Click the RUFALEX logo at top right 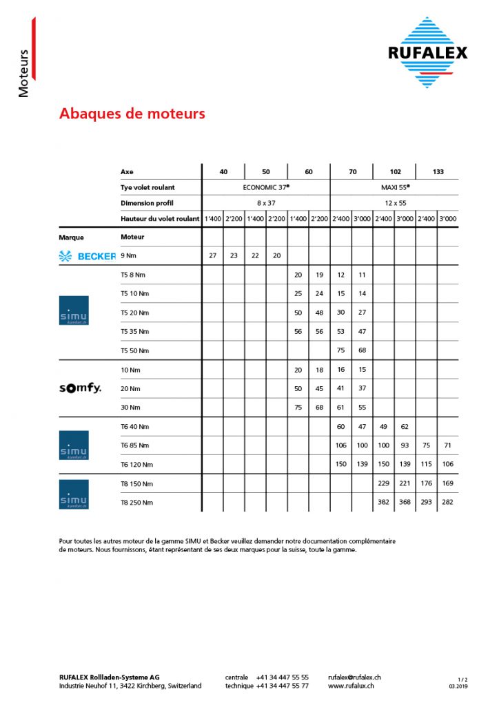pos(427,52)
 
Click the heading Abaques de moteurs pos(132,114)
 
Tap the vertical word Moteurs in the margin pos(23,73)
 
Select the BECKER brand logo pos(87,256)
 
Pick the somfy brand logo pos(80,388)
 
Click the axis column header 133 pos(438,171)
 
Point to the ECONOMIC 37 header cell pos(266,187)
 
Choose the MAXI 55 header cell pos(395,187)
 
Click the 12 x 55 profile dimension pos(395,202)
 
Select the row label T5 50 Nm pos(134,350)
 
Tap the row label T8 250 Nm pos(136,502)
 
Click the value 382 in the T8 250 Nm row pos(384,502)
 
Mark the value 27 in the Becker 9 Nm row pos(213,255)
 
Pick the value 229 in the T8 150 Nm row pos(384,483)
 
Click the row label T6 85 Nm pos(134,445)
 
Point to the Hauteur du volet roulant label pos(160,218)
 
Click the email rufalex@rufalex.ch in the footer pos(355,677)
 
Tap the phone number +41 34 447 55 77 pos(282,686)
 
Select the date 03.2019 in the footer pos(458,686)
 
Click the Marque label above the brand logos pos(72,238)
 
